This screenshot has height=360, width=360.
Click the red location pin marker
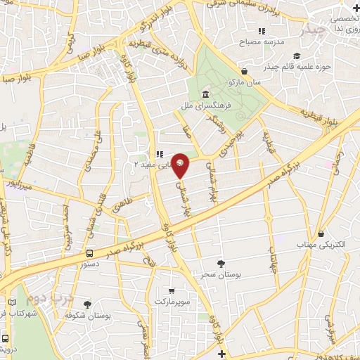(x=181, y=165)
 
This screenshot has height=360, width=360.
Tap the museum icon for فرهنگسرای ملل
(x=205, y=94)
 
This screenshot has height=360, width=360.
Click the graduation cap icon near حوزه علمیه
(x=297, y=56)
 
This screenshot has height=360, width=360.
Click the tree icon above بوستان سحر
(x=222, y=263)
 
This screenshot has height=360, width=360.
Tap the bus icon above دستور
(x=89, y=253)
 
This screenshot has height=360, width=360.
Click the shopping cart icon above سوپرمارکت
(x=172, y=290)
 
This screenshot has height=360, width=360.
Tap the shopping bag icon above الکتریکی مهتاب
(x=320, y=233)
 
